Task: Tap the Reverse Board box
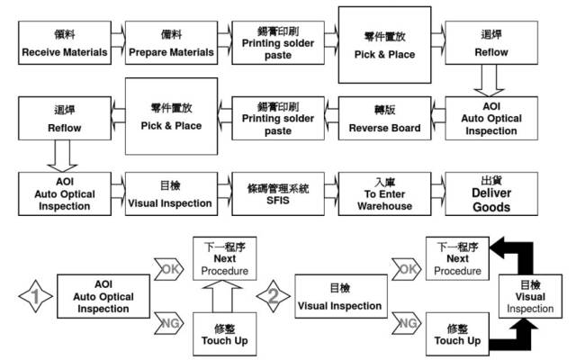[384, 120]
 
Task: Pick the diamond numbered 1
[31, 298]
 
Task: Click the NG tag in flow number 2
[407, 323]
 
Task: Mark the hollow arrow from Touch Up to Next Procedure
[217, 295]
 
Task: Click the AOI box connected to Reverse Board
[490, 119]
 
